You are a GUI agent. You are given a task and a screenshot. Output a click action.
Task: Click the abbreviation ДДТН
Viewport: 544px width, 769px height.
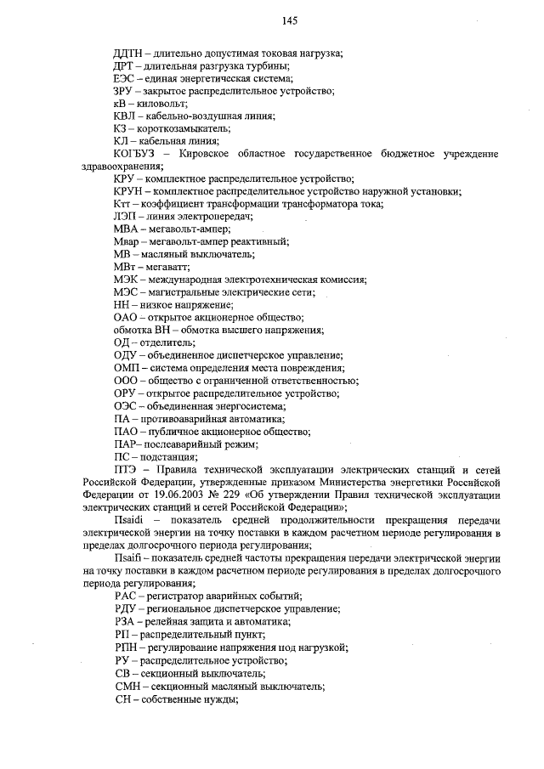[x=129, y=54]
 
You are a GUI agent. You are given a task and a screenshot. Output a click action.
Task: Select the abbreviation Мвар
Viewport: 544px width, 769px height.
[x=127, y=241]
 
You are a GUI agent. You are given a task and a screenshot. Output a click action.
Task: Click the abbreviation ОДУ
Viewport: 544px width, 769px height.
[x=126, y=354]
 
